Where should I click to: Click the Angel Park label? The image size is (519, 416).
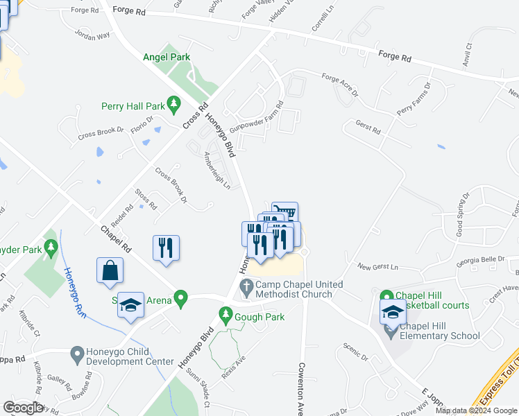pos(167,58)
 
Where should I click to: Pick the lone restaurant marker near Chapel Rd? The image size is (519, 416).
pos(166,248)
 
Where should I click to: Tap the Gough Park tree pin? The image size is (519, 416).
pos(225,315)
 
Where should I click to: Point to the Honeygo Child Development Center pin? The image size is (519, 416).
pos(78,355)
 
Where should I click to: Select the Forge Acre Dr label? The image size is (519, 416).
pos(339,85)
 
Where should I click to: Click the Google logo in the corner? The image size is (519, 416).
pos(23,408)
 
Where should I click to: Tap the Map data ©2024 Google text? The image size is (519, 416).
pos(476,410)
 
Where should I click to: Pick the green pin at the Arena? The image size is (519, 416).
pos(181,299)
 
